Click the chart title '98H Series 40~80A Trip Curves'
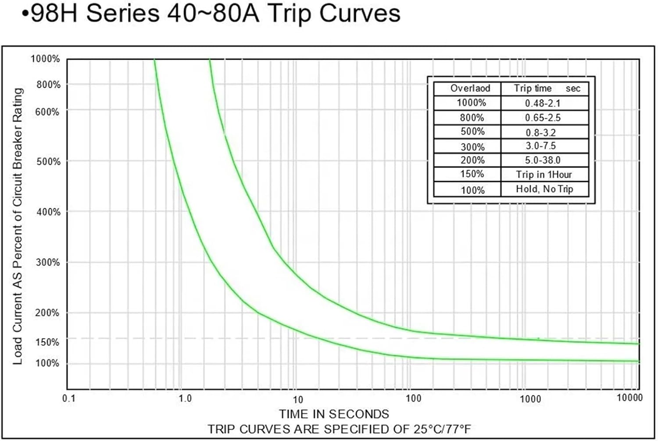click(211, 13)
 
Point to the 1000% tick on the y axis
click(45, 59)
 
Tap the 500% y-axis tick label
click(48, 162)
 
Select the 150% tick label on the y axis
click(47, 342)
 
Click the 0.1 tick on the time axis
click(69, 398)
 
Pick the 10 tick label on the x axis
click(298, 399)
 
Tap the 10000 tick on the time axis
click(629, 398)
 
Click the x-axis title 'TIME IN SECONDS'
click(334, 414)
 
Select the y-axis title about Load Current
click(18, 226)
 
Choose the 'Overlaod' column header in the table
click(470, 89)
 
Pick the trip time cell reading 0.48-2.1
click(543, 103)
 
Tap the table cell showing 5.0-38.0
click(543, 160)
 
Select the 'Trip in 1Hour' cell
click(544, 174)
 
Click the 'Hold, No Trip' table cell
click(544, 189)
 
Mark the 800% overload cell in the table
click(472, 118)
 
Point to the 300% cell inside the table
click(472, 147)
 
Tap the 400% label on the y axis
click(48, 212)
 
